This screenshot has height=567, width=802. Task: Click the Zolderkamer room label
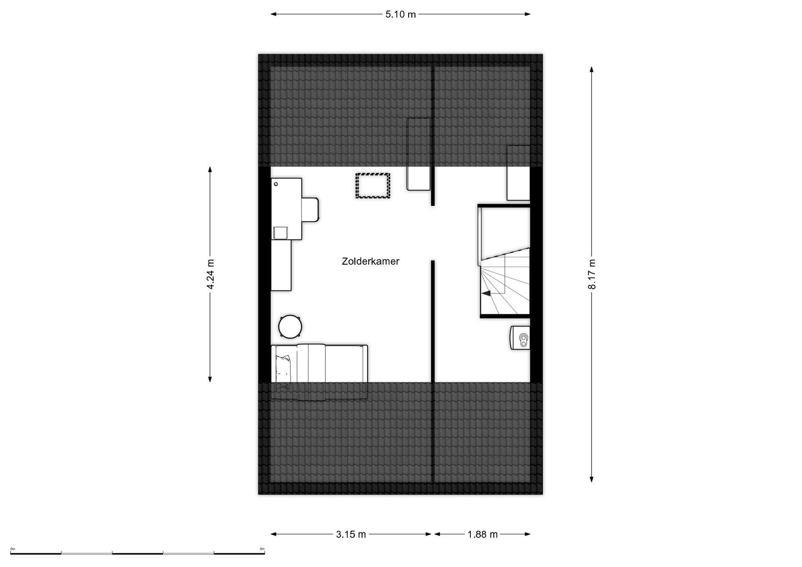coord(371,261)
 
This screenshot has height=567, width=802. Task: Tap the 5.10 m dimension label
coord(401,14)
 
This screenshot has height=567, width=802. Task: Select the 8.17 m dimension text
coord(591,274)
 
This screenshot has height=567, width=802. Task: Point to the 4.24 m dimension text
coord(210,274)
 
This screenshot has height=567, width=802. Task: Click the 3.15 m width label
coord(351,534)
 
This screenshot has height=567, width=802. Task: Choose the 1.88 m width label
coord(482,534)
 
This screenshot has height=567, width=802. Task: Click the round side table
coord(290,326)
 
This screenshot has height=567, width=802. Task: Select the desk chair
coord(310,210)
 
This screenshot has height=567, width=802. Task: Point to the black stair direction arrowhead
coord(486,294)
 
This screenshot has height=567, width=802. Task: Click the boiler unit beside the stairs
coord(520,338)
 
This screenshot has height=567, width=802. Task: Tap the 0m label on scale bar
coord(13,549)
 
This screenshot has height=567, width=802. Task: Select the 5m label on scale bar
coord(262,549)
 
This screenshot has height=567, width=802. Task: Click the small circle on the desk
coord(276,184)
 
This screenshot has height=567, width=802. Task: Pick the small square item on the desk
coord(281,233)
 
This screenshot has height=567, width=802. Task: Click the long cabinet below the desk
coord(281,265)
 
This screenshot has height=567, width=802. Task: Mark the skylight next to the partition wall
coord(419,154)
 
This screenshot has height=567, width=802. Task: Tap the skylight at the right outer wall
coord(518,173)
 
